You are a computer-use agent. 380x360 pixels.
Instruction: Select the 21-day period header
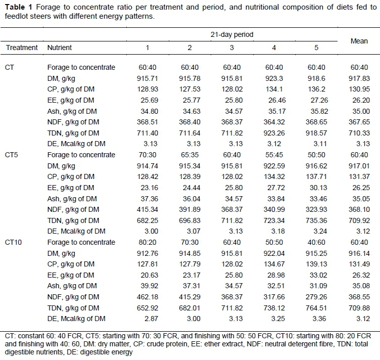232,35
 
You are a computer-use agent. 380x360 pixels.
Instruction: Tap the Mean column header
359,41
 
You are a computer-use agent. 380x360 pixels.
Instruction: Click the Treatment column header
22,48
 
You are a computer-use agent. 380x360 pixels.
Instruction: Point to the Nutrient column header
60,48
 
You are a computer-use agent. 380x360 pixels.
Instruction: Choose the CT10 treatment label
14,242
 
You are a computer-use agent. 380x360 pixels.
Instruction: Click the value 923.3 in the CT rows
274,78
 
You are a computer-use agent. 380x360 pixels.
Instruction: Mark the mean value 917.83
359,78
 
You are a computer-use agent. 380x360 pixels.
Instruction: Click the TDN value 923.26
274,133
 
